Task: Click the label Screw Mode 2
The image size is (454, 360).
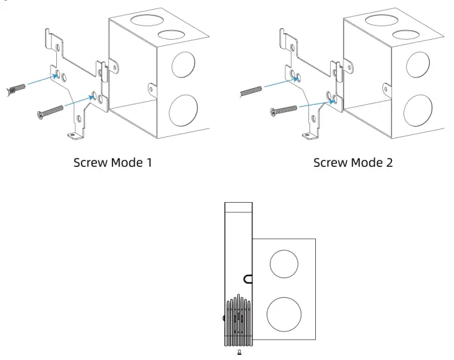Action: coord(354,162)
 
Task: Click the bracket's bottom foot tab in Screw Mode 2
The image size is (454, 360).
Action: coord(309,135)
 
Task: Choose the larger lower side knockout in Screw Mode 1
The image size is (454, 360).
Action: coord(185,109)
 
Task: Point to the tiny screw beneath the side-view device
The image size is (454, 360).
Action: coord(239,352)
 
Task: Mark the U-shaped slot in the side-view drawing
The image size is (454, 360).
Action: coord(248,278)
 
